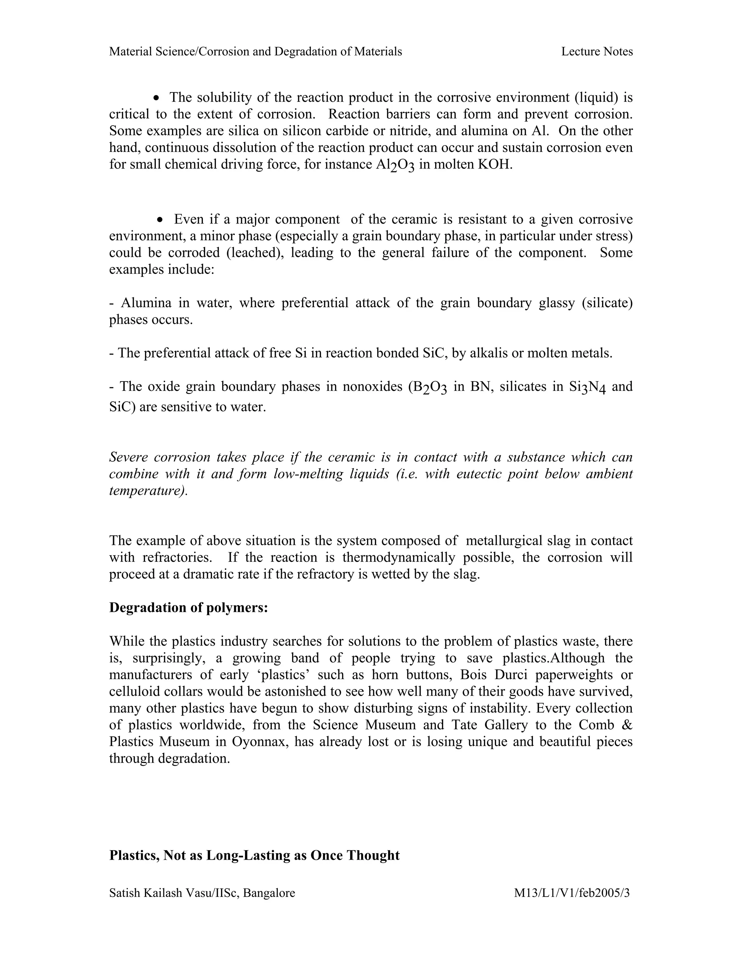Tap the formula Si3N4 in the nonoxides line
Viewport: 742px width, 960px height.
tap(587, 387)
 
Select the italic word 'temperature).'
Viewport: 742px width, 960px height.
tap(148, 491)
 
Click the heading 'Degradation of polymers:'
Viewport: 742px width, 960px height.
tap(188, 608)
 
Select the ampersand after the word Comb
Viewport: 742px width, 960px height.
tap(627, 725)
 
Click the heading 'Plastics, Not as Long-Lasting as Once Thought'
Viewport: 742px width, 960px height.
tap(254, 855)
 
